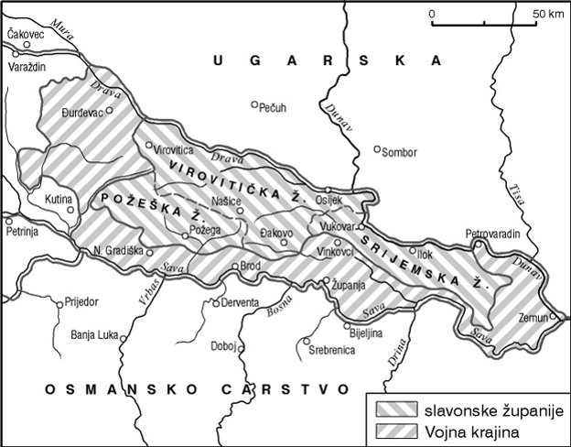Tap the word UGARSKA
(x=325, y=60)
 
